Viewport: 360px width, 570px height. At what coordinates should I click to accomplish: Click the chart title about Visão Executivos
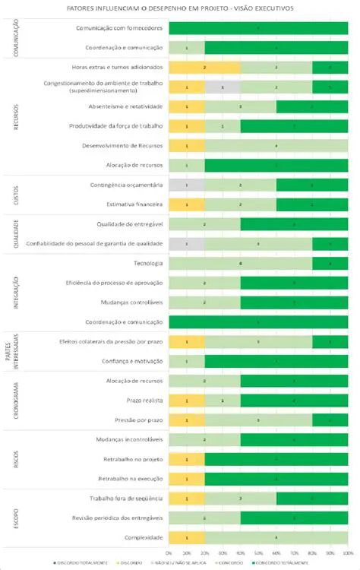pos(180,8)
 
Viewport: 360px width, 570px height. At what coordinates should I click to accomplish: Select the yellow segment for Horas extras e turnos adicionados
pos(204,68)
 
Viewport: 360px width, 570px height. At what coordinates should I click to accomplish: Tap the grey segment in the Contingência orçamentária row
pos(186,185)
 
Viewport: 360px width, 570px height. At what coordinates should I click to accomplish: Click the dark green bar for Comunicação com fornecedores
pos(258,28)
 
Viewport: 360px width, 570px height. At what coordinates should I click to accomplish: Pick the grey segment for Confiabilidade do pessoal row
pos(186,243)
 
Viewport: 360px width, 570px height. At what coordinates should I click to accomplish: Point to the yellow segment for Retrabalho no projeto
pos(186,460)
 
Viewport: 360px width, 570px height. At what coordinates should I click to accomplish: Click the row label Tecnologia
pos(147,263)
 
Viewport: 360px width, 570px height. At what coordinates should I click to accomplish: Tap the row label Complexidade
pos(144,537)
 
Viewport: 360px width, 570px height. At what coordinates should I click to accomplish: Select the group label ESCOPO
pos(17,518)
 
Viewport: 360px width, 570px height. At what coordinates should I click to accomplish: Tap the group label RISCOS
pos(17,459)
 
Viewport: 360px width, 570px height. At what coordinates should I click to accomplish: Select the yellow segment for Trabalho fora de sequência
pos(186,498)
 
